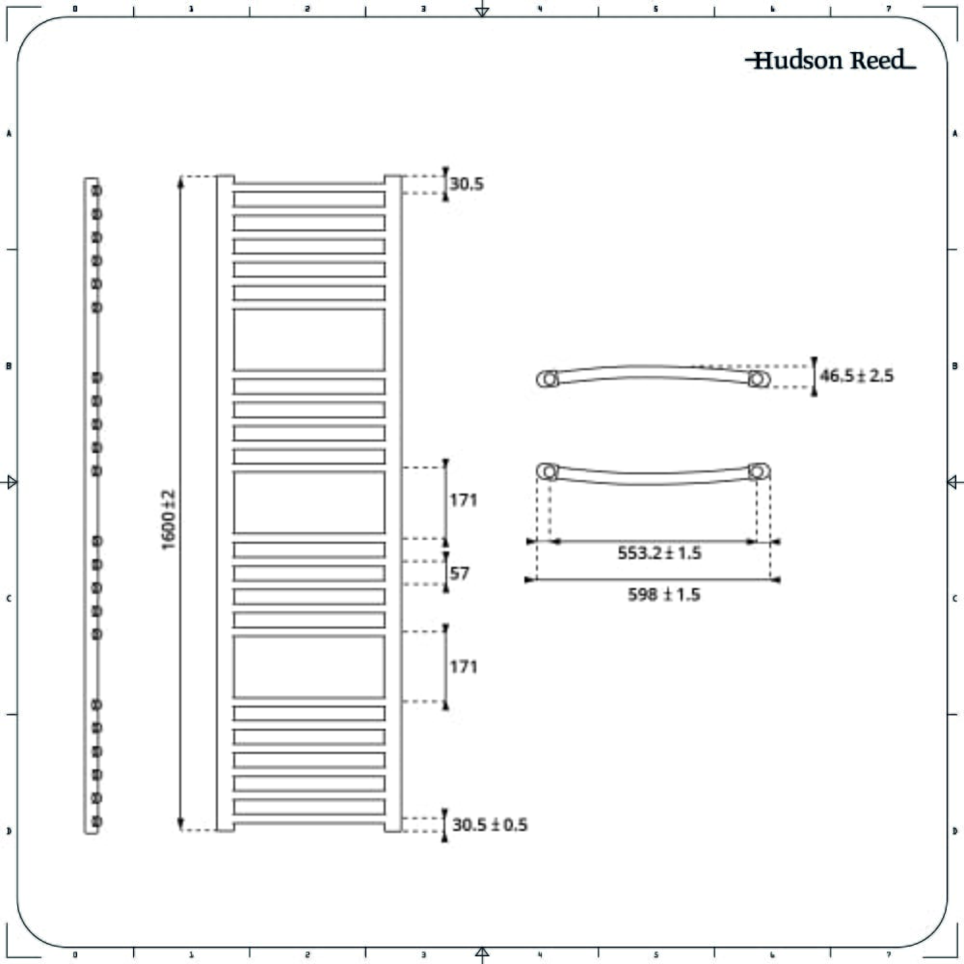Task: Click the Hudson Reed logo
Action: pos(830,60)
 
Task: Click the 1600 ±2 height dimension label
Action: pos(169,521)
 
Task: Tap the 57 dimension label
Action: pos(459,573)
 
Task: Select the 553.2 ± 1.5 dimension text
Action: pos(659,552)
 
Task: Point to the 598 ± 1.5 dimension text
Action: pos(663,595)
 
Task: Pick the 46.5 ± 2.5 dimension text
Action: pos(856,376)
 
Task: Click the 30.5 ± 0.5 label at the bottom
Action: pos(490,824)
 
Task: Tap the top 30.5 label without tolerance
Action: pos(467,184)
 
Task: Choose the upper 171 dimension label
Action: pos(463,500)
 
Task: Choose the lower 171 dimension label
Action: pos(463,666)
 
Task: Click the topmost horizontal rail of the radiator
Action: pos(309,200)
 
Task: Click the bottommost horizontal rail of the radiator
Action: pos(309,807)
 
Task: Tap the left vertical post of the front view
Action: pos(225,503)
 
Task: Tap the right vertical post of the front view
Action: pos(393,503)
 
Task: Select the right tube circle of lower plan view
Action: pos(759,471)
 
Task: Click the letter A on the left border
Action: pos(9,133)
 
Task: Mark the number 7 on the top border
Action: pos(889,9)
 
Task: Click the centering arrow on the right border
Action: pos(954,482)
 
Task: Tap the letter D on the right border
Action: pos(954,831)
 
